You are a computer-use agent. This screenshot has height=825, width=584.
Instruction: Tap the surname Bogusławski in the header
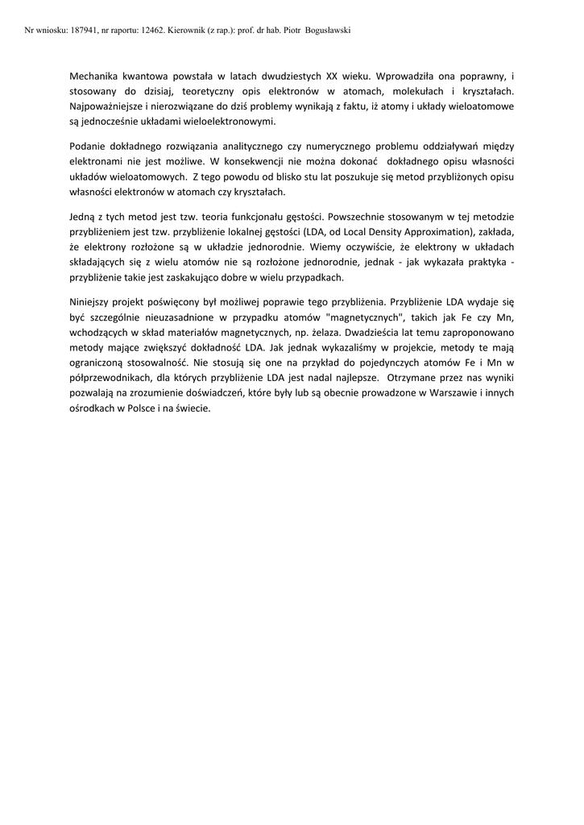326,30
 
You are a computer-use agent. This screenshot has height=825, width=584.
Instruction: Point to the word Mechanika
97,78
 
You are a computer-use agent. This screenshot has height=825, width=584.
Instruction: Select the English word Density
380,232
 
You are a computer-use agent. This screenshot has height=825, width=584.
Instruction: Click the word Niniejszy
94,303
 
